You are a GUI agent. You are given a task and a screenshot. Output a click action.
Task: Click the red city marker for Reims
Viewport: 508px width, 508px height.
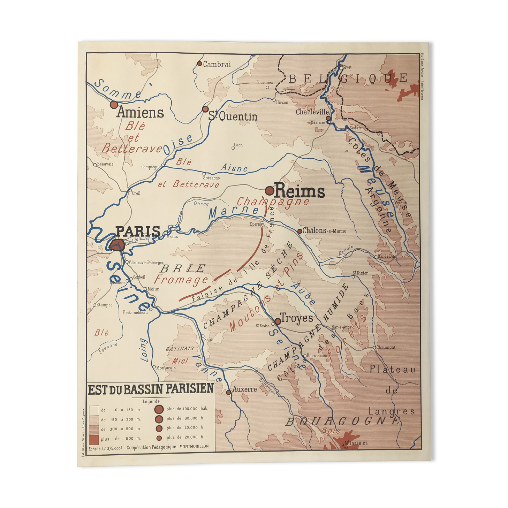[269, 191]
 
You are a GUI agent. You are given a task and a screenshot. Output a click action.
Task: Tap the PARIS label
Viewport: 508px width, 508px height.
[138, 231]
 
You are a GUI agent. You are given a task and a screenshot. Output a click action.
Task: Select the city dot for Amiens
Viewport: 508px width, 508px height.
[114, 105]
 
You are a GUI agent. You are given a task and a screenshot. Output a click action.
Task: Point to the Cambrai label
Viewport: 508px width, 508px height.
[217, 65]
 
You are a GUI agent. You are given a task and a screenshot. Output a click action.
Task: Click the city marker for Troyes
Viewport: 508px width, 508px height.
[278, 321]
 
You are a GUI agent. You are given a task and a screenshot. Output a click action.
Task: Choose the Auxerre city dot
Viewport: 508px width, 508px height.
[228, 392]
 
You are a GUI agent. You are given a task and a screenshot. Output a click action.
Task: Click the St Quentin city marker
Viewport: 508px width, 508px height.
[205, 109]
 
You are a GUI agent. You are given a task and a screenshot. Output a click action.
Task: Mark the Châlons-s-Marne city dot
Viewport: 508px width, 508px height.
[300, 231]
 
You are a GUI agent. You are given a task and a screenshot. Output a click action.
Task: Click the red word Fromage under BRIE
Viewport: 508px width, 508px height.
[181, 280]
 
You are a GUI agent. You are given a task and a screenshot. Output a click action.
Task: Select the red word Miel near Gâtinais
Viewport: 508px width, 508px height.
[180, 361]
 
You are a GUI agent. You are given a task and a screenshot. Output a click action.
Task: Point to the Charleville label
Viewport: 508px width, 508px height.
[312, 112]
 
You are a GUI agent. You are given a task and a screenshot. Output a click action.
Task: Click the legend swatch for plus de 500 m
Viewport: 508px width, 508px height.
[94, 439]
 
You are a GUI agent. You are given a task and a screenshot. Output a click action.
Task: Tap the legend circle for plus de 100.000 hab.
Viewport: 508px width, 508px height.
[159, 409]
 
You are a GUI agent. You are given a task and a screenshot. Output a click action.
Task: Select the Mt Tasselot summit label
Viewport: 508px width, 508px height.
[356, 443]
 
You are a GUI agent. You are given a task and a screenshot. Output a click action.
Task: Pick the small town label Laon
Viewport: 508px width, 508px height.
[238, 145]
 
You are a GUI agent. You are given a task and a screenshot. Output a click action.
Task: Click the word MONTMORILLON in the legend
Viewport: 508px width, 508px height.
[194, 447]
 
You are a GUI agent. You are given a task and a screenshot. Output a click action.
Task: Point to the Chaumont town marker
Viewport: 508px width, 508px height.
[374, 348]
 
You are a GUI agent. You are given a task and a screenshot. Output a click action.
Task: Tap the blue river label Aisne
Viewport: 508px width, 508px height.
[234, 168]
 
